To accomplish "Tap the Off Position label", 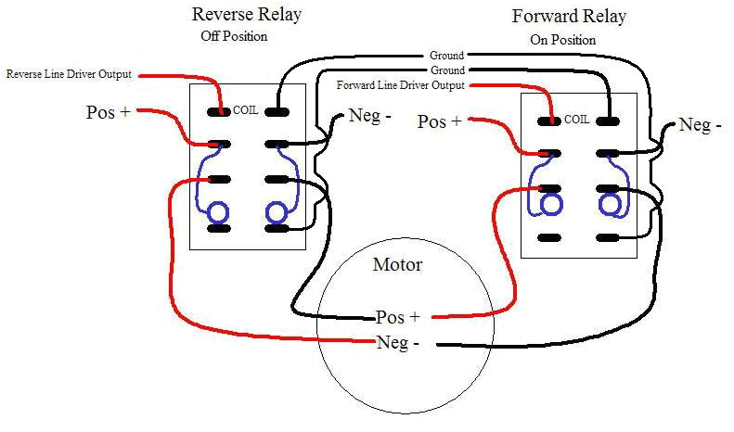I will coord(234,37).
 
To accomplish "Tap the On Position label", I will coord(563,40).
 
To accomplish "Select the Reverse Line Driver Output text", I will coord(70,74).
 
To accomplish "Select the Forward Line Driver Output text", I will coord(400,86).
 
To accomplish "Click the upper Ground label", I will coord(446,56).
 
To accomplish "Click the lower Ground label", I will coord(446,70).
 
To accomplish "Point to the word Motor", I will coord(397,265).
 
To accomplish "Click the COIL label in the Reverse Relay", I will coord(246,109).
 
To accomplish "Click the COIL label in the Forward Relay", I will coord(576,119).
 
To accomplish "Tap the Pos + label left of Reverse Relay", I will coord(107,112).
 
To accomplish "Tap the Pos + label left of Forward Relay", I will coord(439,121).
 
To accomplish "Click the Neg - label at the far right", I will coord(700,124).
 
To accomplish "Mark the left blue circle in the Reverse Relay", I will coord(218,212).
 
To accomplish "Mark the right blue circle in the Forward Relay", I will coord(610,203).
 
